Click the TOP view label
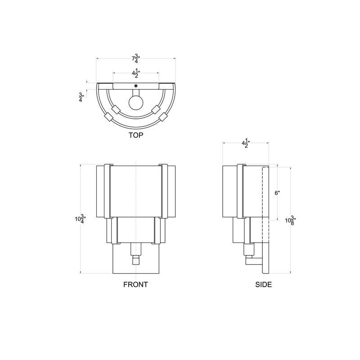pyautogui.click(x=135, y=135)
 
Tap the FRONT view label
pyautogui.click(x=135, y=284)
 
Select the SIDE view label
pyautogui.click(x=264, y=284)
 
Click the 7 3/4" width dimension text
pyautogui.click(x=135, y=59)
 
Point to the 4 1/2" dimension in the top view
pyautogui.click(x=135, y=73)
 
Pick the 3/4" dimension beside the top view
pyautogui.click(x=81, y=97)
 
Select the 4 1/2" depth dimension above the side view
pyautogui.click(x=246, y=144)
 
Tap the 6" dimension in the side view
pyautogui.click(x=278, y=193)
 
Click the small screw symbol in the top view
pyautogui.click(x=135, y=86)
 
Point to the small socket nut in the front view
pyautogui.click(x=135, y=260)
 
